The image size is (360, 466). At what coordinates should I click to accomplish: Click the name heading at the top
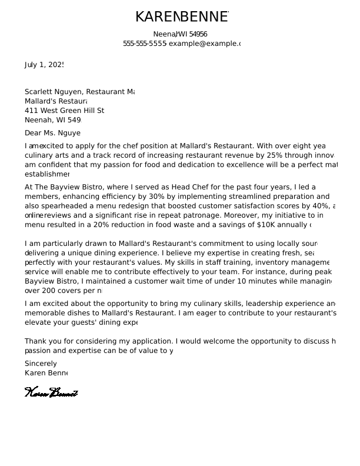[181, 17]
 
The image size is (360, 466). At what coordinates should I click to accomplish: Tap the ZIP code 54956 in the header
[198, 34]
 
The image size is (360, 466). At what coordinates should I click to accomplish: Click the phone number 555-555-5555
[145, 44]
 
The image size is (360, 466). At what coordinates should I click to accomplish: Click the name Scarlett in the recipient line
[38, 92]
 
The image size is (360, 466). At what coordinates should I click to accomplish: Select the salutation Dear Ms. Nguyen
[52, 134]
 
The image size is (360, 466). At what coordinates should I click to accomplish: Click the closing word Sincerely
[41, 364]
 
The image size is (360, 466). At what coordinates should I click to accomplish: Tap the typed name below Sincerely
[46, 373]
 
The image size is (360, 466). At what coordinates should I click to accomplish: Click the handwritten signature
[51, 392]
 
